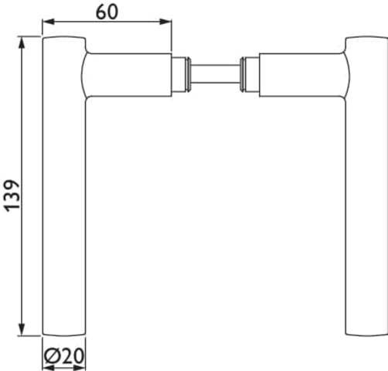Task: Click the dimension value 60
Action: [107, 12]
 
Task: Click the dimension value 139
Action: [12, 196]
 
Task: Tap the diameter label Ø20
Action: [64, 356]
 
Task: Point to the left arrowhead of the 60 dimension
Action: [48, 22]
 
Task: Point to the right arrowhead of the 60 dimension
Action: [165, 22]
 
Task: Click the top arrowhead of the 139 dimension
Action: [22, 43]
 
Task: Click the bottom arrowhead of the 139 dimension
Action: [22, 329]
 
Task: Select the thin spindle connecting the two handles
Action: [216, 74]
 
